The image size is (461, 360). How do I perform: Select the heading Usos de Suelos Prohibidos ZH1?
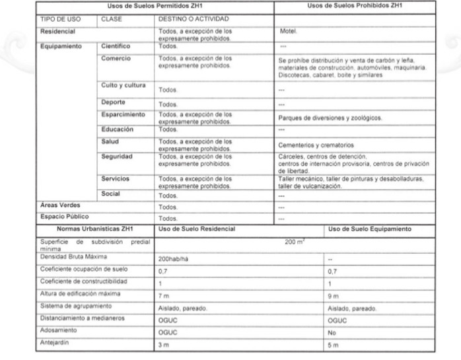tap(355, 5)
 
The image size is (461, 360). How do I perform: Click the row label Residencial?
tap(58, 31)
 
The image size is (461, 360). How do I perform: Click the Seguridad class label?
tap(118, 156)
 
